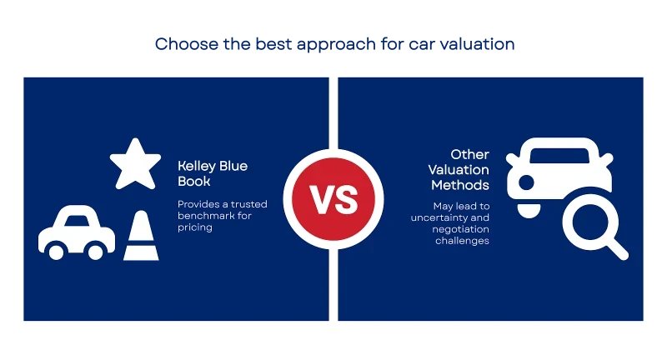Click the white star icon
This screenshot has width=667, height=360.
[135, 165]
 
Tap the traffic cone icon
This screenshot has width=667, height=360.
[141, 237]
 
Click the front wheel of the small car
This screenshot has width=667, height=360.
[56, 252]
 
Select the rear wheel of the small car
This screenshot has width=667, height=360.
[95, 252]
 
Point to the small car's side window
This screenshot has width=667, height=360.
[77, 221]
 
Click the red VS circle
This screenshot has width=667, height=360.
[333, 199]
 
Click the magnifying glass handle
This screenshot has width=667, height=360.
[618, 249]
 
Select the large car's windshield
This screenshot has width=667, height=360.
[559, 156]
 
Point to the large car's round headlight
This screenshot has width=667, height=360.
[526, 182]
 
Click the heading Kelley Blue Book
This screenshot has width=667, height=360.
[213, 173]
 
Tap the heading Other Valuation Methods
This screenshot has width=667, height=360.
[459, 170]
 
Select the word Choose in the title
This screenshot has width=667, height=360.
[186, 44]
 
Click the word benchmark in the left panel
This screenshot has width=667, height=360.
[205, 216]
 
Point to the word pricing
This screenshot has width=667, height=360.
[195, 227]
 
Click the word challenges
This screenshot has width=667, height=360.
[462, 241]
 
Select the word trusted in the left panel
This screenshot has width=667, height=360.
[248, 204]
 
